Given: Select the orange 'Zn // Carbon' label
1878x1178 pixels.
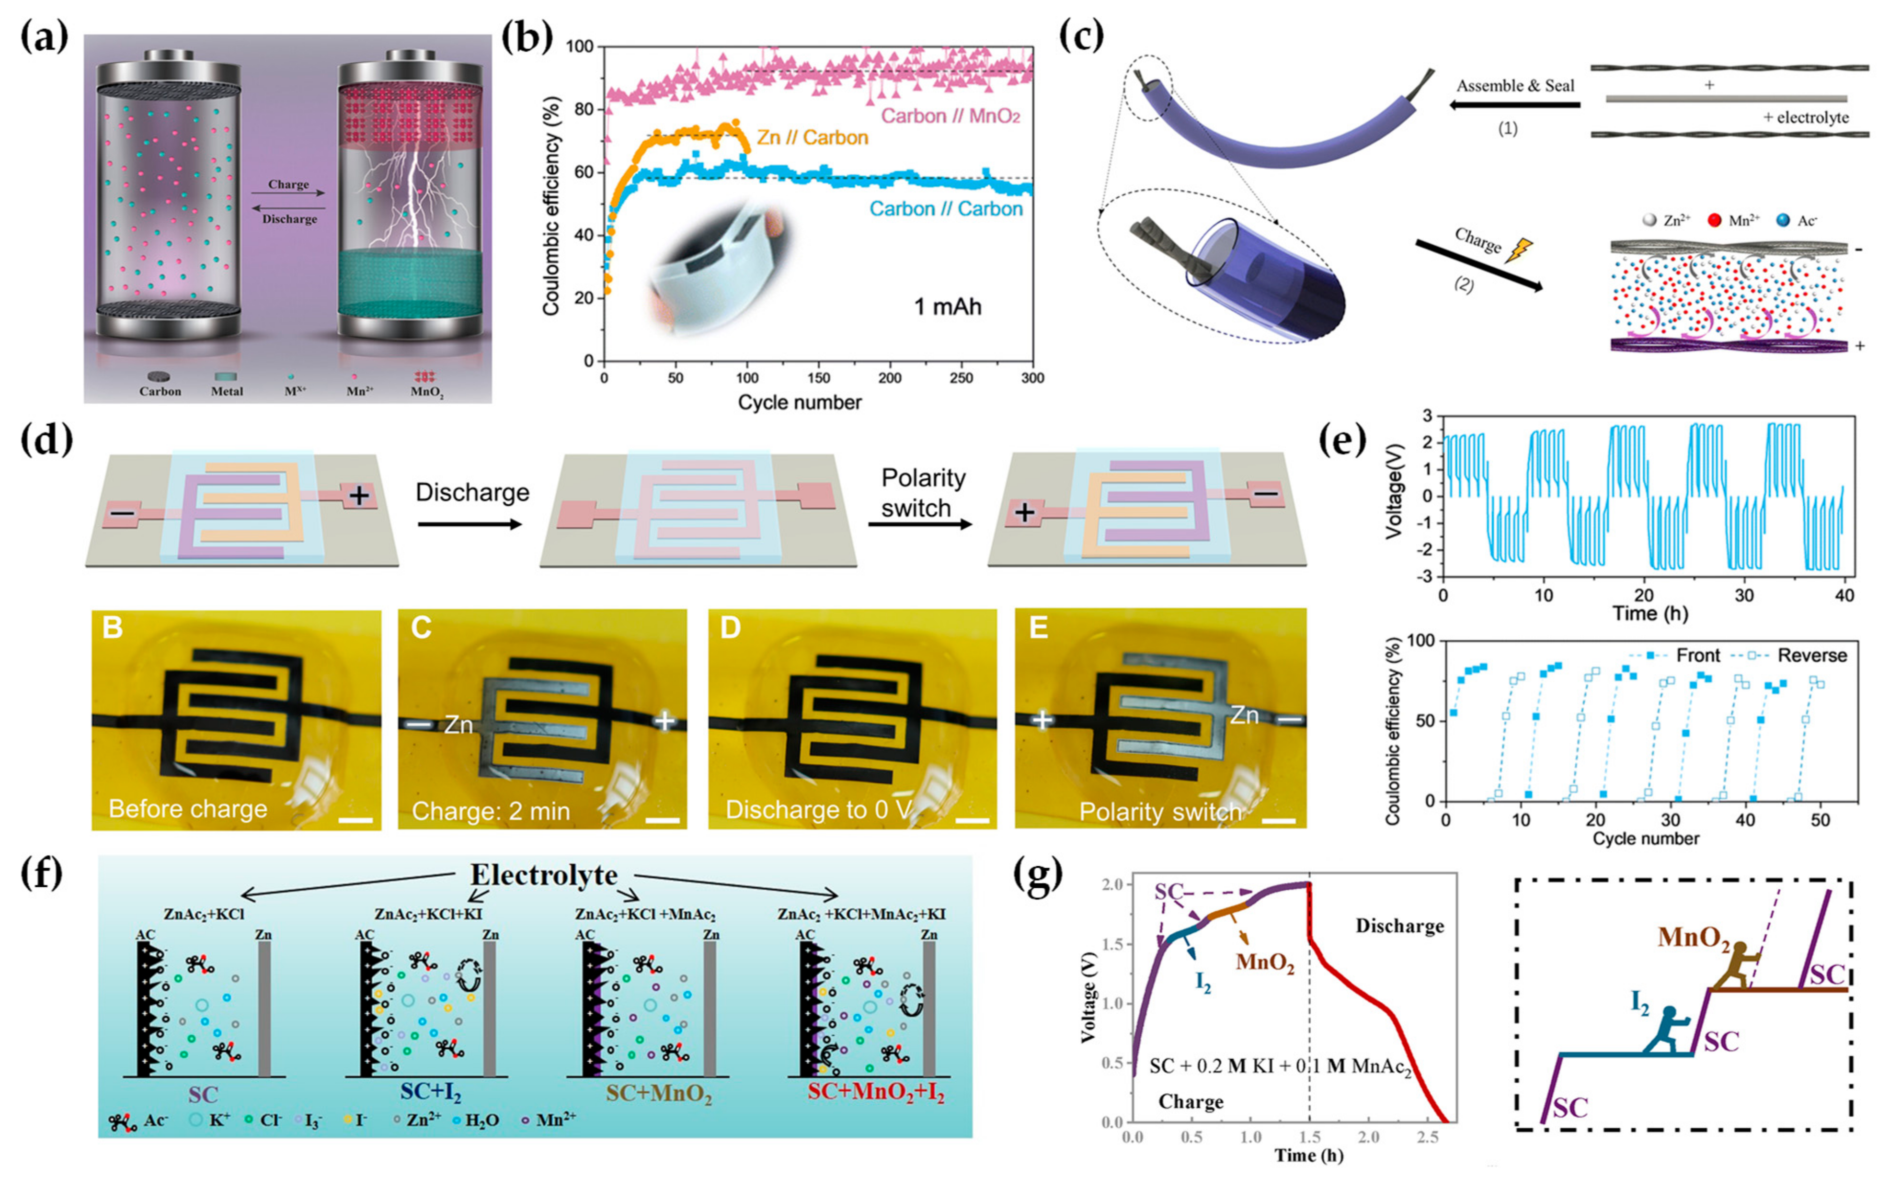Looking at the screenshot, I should (x=812, y=138).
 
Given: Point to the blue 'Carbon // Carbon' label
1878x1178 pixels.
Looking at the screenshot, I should (x=946, y=209).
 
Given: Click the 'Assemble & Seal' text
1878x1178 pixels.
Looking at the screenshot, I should (x=1515, y=86).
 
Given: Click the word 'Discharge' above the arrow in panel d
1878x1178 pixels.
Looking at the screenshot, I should (x=472, y=492).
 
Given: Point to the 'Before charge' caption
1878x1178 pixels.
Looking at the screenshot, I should (x=188, y=809).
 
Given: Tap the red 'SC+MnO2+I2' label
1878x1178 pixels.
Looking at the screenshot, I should (x=876, y=1093).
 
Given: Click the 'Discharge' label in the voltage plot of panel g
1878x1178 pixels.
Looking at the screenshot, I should (x=1399, y=926).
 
